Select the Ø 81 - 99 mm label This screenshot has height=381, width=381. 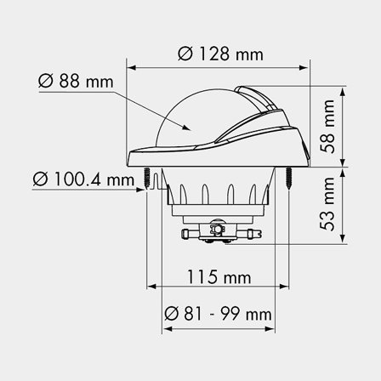point(219,316)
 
